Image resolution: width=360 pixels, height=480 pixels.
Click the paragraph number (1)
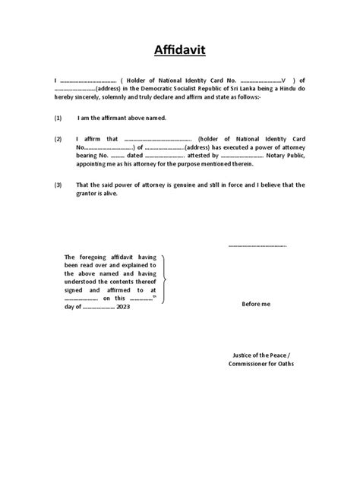[x=58, y=119]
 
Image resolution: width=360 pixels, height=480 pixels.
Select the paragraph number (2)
[x=58, y=140]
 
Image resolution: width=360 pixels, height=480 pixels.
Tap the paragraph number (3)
[x=58, y=185]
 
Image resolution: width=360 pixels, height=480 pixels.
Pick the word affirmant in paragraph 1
[x=119, y=119]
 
